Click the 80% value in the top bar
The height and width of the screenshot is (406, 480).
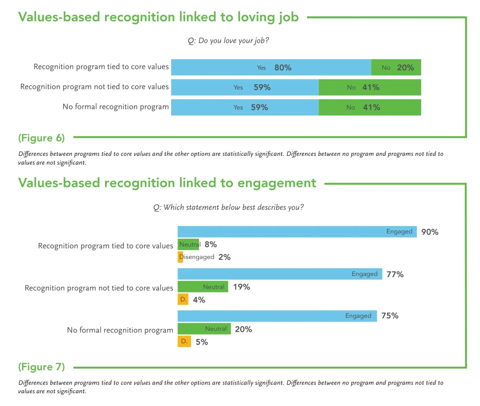pos(283,68)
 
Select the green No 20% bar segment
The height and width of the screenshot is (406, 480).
pos(396,68)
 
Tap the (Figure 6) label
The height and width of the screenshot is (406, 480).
pos(42,138)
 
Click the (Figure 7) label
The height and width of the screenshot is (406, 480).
pos(42,367)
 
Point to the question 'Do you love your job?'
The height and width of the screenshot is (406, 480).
pos(228,41)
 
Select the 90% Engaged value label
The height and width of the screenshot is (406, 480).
pos(430,232)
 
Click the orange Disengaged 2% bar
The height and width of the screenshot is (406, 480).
pos(180,257)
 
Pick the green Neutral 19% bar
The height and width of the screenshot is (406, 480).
pos(203,287)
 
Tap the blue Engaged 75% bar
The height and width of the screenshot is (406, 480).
pos(277,316)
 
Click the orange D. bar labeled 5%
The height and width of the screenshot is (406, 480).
pos(184,341)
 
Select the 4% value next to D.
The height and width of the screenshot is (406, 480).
pos(199,300)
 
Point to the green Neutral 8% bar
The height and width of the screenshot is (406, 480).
pos(188,244)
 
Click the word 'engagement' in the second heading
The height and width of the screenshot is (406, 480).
pos(276,183)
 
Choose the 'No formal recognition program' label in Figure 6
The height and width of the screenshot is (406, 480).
pos(116,107)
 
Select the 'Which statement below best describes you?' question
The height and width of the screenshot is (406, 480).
pos(228,207)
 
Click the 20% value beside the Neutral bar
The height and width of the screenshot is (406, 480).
pos(243,329)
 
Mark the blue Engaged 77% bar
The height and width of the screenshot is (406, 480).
pos(280,274)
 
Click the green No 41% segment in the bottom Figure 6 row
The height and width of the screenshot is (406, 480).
pos(370,107)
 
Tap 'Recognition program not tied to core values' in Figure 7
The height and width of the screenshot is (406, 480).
pos(99,288)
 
